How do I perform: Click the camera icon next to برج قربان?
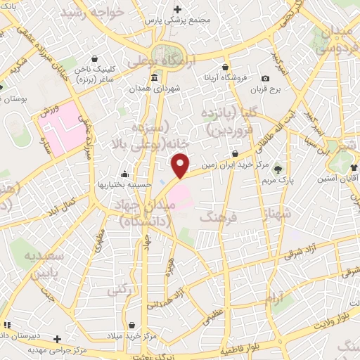(x=265, y=79)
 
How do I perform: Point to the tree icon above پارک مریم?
(x=278, y=169)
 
